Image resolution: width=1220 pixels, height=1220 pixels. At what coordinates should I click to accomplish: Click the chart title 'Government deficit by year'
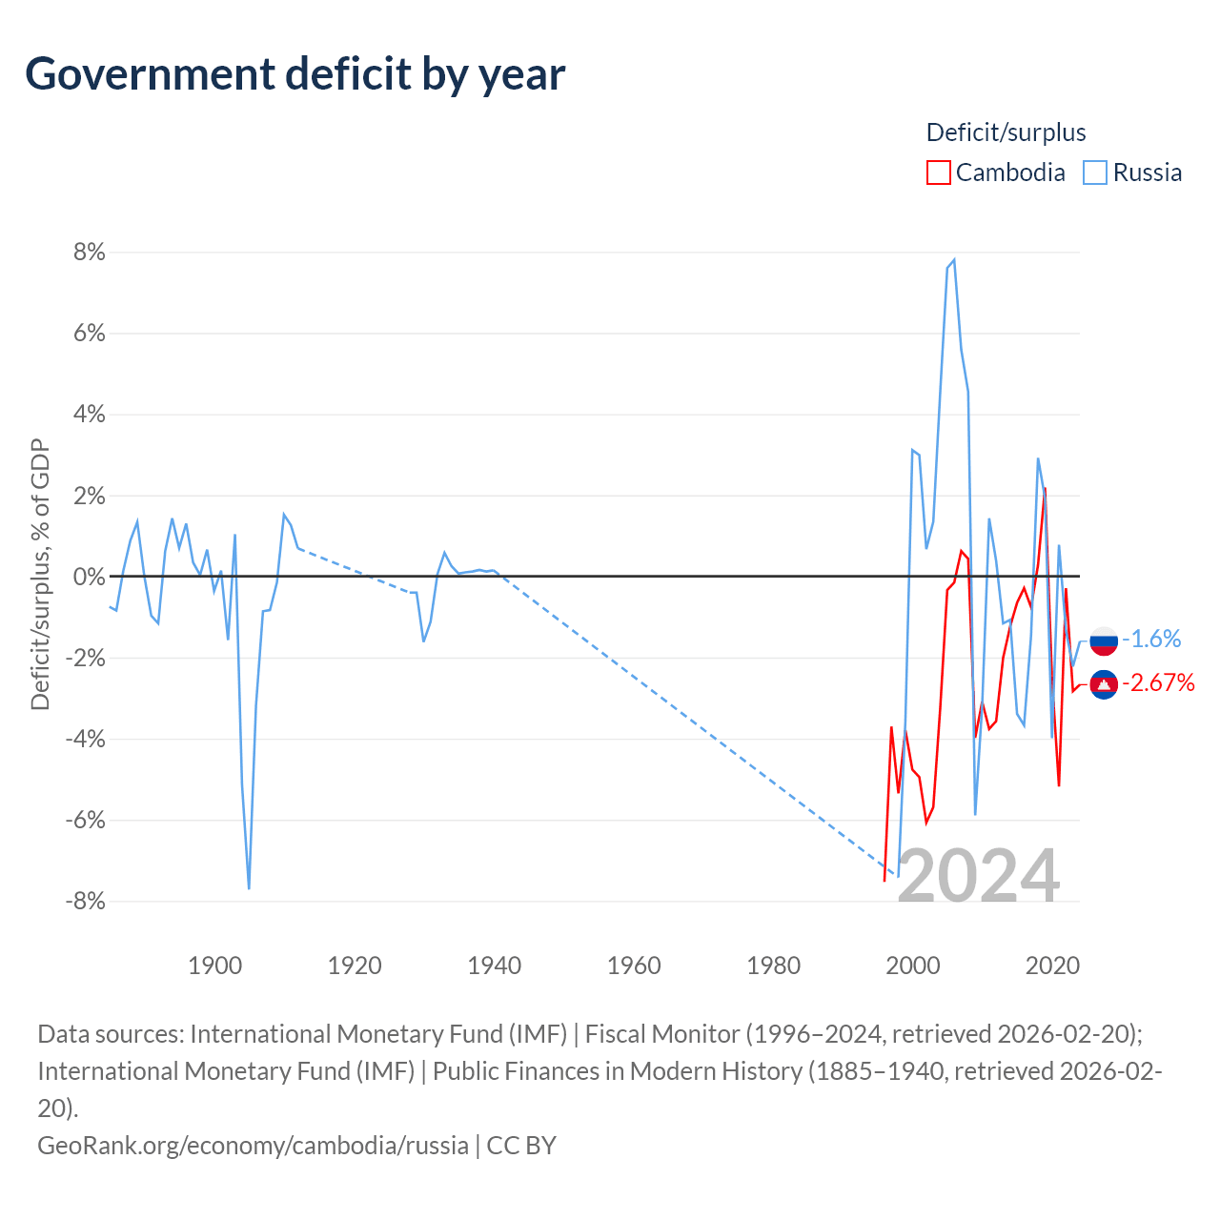pyautogui.click(x=295, y=74)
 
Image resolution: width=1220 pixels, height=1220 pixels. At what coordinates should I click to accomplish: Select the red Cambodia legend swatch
pyautogui.click(x=939, y=173)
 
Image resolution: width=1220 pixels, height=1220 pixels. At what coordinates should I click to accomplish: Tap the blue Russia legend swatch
pyautogui.click(x=1095, y=173)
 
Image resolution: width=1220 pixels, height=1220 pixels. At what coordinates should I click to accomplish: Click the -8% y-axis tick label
pyautogui.click(x=85, y=901)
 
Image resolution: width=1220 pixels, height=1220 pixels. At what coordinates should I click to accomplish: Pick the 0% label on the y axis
pyautogui.click(x=89, y=577)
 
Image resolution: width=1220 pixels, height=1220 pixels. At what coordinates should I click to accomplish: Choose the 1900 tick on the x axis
pyautogui.click(x=214, y=966)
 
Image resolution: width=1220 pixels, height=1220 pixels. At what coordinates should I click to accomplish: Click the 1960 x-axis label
pyautogui.click(x=634, y=966)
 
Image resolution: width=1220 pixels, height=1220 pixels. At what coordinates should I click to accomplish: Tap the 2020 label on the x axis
pyautogui.click(x=1052, y=966)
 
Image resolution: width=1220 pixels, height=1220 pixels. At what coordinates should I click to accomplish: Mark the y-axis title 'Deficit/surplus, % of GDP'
pyautogui.click(x=40, y=575)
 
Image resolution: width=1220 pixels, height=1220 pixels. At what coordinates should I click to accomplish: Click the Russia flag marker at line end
pyautogui.click(x=1104, y=640)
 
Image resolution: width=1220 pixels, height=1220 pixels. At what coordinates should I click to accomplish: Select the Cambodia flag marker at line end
pyautogui.click(x=1104, y=684)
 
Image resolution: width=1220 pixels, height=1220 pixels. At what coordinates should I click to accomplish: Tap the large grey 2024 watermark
pyautogui.click(x=978, y=876)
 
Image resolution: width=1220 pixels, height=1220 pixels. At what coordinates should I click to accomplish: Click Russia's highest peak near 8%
pyautogui.click(x=954, y=259)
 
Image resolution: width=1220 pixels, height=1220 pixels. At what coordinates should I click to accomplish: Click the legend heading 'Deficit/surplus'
pyautogui.click(x=1006, y=132)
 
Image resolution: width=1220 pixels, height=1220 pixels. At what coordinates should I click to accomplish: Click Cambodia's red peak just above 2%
pyautogui.click(x=1046, y=489)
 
